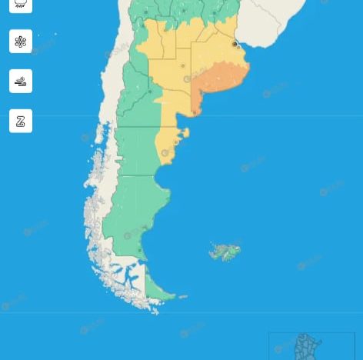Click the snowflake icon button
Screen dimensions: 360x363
click(21, 42)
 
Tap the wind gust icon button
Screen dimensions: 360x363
click(21, 82)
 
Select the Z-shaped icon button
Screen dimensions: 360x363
click(21, 122)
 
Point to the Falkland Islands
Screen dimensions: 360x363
click(225, 252)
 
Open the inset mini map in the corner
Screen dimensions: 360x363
click(311, 346)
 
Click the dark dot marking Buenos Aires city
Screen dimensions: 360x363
click(235, 44)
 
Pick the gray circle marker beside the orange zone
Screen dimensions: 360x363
click(187, 79)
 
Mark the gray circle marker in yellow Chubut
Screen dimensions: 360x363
click(165, 153)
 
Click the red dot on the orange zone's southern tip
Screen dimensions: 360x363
click(195, 112)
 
